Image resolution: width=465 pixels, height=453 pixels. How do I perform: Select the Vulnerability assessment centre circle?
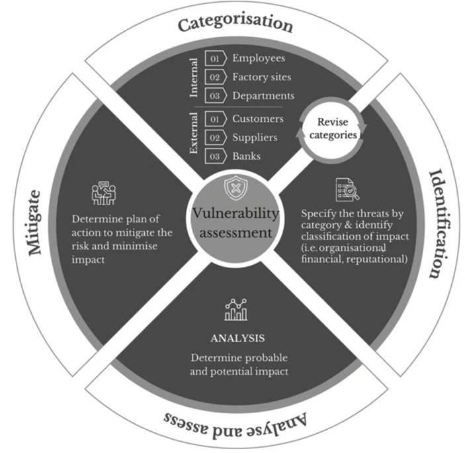pyautogui.click(x=235, y=223)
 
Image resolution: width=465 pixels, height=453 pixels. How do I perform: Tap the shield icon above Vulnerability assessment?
pyautogui.click(x=235, y=189)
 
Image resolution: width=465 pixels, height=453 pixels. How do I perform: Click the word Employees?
pyautogui.click(x=259, y=58)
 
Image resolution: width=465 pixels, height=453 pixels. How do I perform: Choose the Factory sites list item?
pyautogui.click(x=261, y=77)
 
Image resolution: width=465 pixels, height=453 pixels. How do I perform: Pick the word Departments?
pyautogui.click(x=263, y=95)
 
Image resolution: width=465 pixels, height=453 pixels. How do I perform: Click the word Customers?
pyautogui.click(x=258, y=119)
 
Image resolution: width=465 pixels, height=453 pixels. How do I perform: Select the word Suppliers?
pyautogui.click(x=255, y=138)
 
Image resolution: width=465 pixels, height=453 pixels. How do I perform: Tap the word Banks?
pyautogui.click(x=246, y=156)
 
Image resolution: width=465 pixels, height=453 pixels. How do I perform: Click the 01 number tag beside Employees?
pyautogui.click(x=215, y=58)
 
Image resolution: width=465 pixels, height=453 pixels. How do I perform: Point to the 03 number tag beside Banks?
pyautogui.click(x=215, y=156)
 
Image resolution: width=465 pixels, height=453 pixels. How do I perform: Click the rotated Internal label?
pyautogui.click(x=194, y=77)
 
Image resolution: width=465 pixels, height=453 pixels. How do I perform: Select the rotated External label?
pyautogui.click(x=194, y=138)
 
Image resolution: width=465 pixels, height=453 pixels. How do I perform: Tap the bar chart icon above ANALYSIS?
pyautogui.click(x=235, y=309)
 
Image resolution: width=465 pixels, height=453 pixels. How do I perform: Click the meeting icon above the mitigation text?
pyautogui.click(x=104, y=193)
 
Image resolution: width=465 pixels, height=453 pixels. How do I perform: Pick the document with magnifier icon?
pyautogui.click(x=347, y=190)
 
